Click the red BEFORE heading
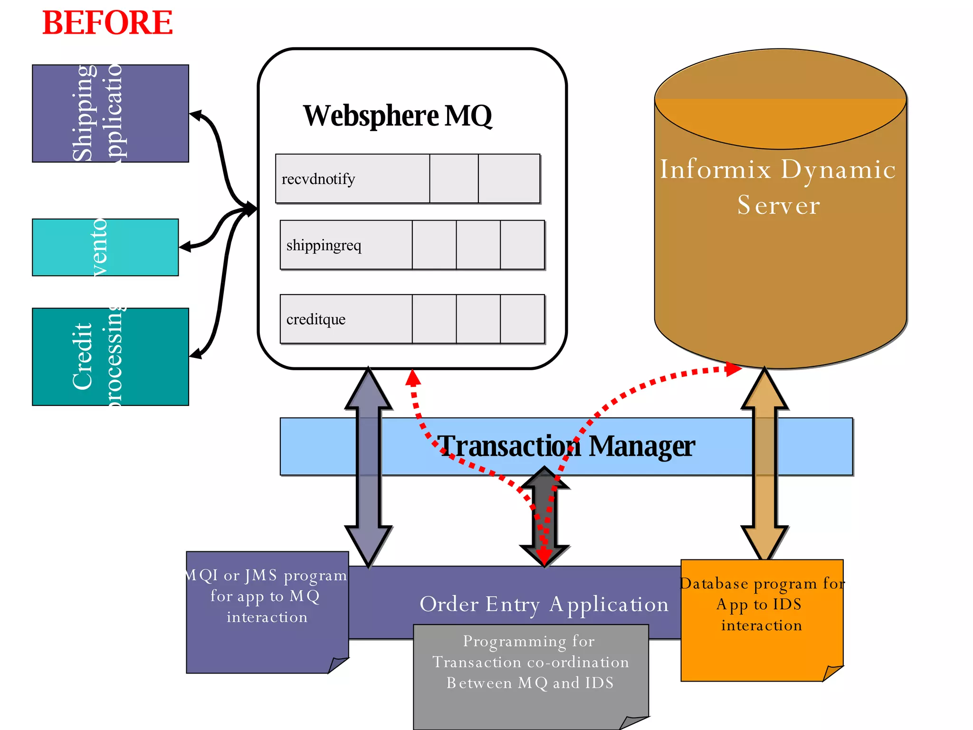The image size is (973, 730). (107, 23)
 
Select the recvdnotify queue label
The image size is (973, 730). (318, 179)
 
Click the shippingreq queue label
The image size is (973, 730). (324, 245)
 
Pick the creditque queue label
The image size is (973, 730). (315, 319)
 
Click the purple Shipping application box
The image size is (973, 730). (110, 114)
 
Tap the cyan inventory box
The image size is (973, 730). (105, 247)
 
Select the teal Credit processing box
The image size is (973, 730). (110, 356)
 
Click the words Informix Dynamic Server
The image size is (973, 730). (778, 187)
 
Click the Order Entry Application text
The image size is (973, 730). (544, 604)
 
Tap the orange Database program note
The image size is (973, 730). (761, 618)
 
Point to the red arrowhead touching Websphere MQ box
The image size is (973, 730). (413, 378)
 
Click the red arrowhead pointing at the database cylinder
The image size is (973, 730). (733, 368)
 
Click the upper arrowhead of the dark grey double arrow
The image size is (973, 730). (544, 478)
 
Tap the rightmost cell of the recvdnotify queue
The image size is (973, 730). (508, 179)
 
